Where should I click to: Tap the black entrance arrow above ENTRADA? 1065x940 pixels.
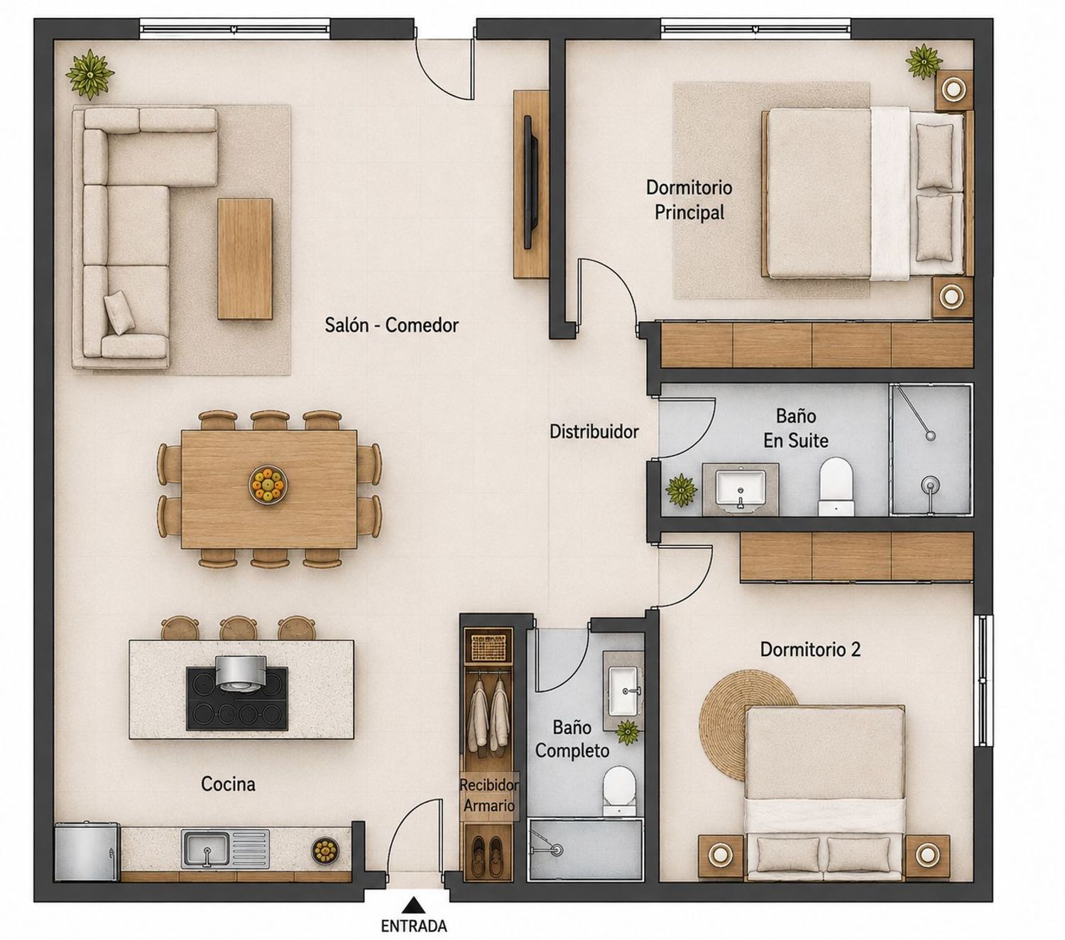click(x=414, y=905)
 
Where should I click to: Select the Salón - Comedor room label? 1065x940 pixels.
click(x=391, y=325)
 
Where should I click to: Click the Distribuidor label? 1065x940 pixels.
click(x=594, y=432)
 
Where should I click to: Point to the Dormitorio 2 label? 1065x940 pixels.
click(x=810, y=650)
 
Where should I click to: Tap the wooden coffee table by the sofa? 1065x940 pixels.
click(x=245, y=258)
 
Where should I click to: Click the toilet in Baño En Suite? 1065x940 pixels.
click(x=836, y=486)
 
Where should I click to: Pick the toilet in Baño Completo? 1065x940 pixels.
click(x=618, y=791)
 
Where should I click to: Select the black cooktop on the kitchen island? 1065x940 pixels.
click(x=237, y=699)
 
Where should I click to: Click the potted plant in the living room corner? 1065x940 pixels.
click(x=90, y=74)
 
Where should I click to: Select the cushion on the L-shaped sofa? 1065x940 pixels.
click(x=119, y=312)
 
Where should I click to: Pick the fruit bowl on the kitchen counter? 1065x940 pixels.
click(x=324, y=851)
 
